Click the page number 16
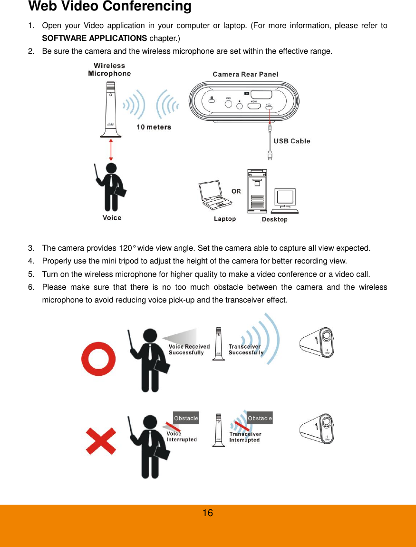pyautogui.click(x=208, y=513)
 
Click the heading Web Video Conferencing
pyautogui.click(x=110, y=7)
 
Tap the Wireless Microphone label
pyautogui.click(x=109, y=69)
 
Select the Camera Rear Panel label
pyautogui.click(x=245, y=74)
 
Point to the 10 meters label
pyautogui.click(x=154, y=127)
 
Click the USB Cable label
pyautogui.click(x=291, y=141)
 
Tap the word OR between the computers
pyautogui.click(x=236, y=191)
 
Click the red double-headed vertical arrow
pyautogui.click(x=111, y=150)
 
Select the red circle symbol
pyautogui.click(x=99, y=358)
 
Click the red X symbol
pyautogui.click(x=100, y=440)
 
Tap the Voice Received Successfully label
pyautogui.click(x=189, y=350)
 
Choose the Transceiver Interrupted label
pyautogui.click(x=245, y=437)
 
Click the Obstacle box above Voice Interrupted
pyautogui.click(x=186, y=418)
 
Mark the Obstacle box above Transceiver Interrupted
pyautogui.click(x=260, y=418)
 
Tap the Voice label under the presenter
pyautogui.click(x=112, y=218)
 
